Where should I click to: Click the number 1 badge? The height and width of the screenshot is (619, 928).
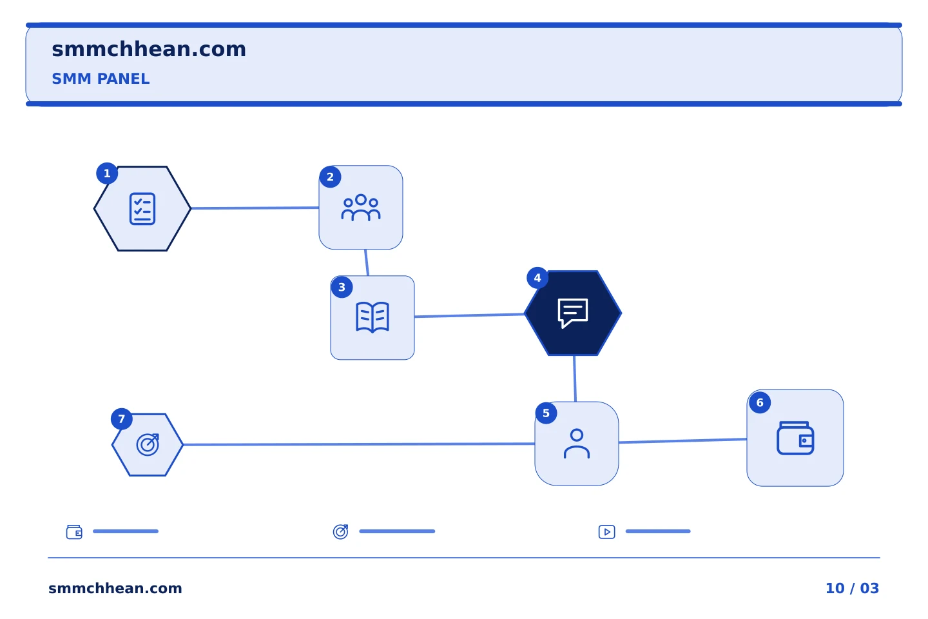(x=107, y=173)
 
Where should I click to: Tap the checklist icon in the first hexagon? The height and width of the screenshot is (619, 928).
(x=142, y=208)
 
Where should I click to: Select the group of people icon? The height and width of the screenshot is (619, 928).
(x=361, y=208)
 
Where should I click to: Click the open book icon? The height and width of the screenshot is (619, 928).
(x=372, y=317)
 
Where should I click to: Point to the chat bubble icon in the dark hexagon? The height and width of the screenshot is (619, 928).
(x=573, y=313)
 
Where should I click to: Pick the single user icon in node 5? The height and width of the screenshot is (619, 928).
(x=577, y=444)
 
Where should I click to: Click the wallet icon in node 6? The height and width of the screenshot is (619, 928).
(x=795, y=438)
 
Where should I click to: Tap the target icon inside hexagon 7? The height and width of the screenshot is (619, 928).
(x=148, y=444)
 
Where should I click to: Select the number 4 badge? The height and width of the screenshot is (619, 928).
(x=537, y=278)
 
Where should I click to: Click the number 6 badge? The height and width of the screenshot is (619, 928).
(x=760, y=402)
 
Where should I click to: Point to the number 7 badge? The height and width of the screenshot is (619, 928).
(x=121, y=418)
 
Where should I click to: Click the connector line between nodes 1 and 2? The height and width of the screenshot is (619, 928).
(x=255, y=208)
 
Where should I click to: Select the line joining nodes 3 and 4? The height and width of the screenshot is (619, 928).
(x=469, y=315)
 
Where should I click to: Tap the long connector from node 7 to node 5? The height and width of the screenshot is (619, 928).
(x=359, y=444)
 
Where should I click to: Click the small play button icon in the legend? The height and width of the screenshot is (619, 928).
(x=607, y=532)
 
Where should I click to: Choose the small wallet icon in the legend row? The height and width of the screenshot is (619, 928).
(x=74, y=532)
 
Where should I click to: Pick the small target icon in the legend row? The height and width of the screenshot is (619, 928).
(x=340, y=532)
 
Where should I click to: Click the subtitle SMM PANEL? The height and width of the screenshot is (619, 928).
(x=101, y=79)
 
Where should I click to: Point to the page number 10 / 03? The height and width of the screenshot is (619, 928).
(x=852, y=588)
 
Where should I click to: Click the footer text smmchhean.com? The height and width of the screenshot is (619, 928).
(x=115, y=588)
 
